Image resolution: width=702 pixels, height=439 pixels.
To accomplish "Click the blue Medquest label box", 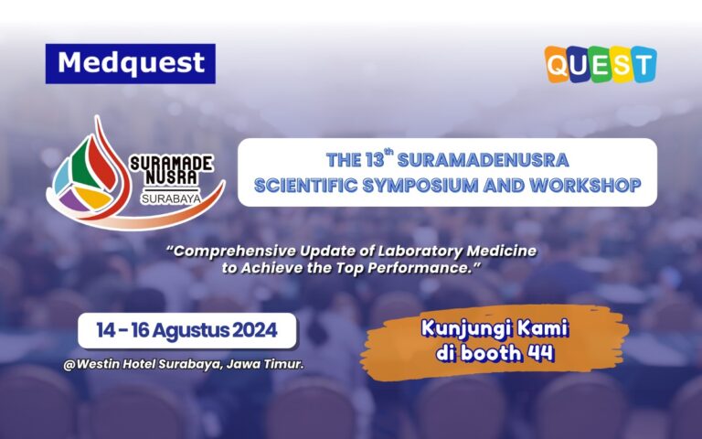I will click(x=130, y=63).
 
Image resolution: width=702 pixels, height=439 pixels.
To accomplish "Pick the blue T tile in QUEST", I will click(x=643, y=64).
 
